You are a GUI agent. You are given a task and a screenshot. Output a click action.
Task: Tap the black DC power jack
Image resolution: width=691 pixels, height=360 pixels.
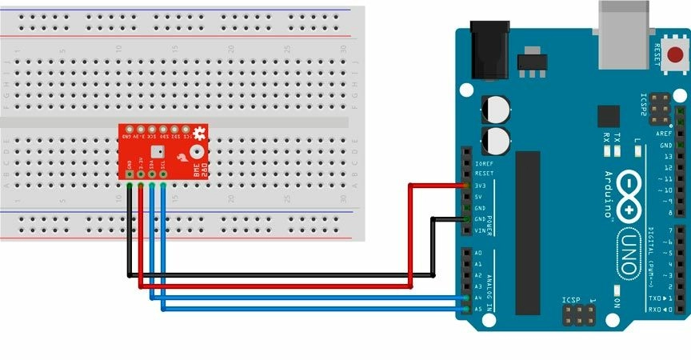click(490, 50)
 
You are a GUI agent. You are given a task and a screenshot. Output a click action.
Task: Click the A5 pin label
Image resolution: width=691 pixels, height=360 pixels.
click(477, 309)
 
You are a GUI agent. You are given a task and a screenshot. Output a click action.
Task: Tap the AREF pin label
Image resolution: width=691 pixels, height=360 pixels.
click(664, 134)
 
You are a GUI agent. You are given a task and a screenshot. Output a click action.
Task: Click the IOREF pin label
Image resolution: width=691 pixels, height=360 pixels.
click(483, 162)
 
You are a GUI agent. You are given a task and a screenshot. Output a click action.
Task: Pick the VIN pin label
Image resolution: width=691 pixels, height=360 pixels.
click(479, 230)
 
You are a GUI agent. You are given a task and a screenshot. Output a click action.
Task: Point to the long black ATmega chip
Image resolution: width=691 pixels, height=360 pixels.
click(528, 231)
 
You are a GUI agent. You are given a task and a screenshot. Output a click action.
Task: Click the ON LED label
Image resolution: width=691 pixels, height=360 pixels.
click(616, 302)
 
